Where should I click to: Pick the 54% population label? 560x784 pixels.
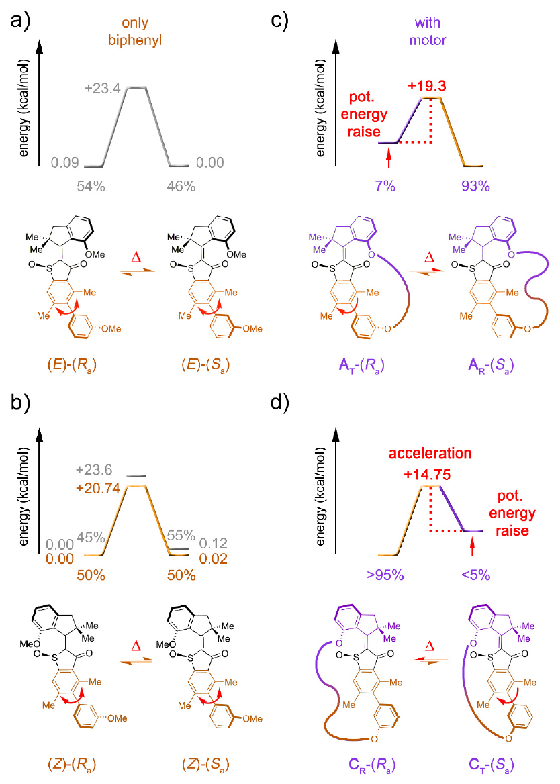point(89,187)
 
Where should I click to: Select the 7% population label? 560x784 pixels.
point(388,186)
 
